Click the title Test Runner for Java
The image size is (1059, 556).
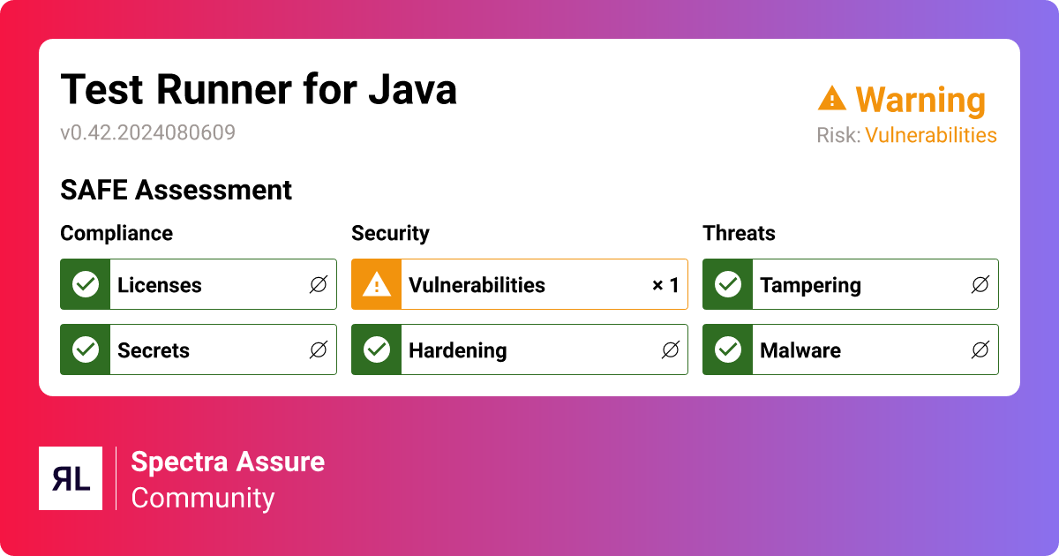259,90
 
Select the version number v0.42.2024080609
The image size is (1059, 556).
147,133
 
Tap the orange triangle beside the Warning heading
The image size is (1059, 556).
831,98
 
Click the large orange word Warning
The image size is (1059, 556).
920,101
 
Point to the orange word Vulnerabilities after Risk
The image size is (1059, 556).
930,135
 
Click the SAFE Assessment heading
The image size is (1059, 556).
176,190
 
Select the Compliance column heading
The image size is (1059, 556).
116,233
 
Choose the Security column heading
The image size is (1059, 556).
390,233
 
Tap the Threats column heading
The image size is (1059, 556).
739,233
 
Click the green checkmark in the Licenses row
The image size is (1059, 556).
86,284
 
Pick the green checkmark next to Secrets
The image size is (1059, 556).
86,349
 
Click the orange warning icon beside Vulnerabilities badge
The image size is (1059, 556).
377,284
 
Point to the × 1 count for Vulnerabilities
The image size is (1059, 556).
665,285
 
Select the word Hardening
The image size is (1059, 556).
457,350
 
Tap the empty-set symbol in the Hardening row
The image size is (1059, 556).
670,350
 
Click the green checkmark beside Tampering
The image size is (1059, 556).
728,284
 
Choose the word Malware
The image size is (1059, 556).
800,350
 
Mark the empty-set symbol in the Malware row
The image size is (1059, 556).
980,350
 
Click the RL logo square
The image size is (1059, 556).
71,478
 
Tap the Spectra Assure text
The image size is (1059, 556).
228,462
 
